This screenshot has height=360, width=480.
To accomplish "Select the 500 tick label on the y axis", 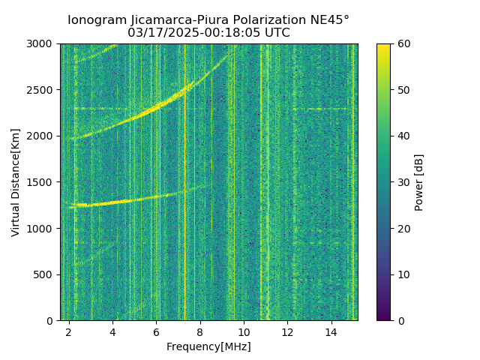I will click(46, 274).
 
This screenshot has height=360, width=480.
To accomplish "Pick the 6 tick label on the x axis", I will click(156, 332).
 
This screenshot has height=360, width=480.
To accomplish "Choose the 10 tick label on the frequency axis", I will click(244, 332).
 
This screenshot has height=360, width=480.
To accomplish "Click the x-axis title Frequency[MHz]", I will click(208, 346).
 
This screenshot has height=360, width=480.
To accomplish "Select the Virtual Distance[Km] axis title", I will click(15, 182).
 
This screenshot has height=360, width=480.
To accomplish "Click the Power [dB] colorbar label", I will click(419, 182).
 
